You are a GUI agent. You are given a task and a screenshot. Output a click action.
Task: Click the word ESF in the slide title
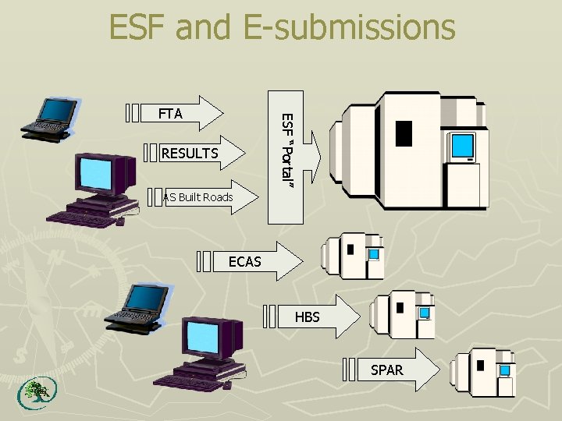tap(140, 27)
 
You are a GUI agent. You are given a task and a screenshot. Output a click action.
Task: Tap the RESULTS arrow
tap(191, 154)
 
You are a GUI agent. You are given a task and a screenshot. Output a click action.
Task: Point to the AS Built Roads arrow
tap(199, 197)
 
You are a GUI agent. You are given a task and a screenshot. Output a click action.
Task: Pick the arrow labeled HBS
tap(312, 317)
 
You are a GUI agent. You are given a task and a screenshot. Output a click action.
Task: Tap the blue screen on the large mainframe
tap(463, 145)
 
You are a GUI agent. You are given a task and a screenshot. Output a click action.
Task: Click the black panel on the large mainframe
tap(404, 133)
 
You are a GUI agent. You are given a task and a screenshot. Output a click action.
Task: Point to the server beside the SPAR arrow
tap(485, 371)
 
